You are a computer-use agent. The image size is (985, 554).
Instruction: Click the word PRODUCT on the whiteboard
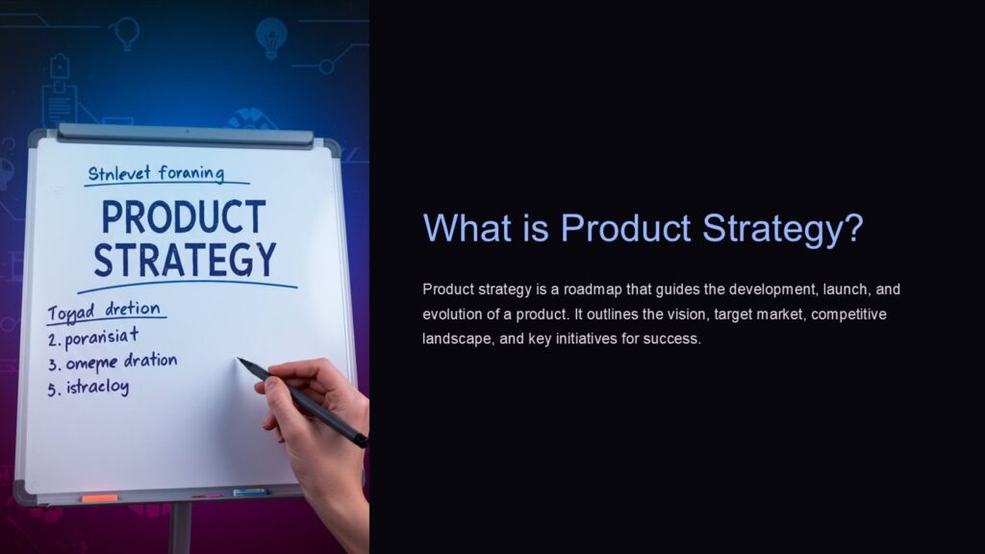tap(182, 217)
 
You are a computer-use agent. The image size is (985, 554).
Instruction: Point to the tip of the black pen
tap(240, 362)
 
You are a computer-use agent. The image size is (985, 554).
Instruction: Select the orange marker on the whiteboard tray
tap(99, 498)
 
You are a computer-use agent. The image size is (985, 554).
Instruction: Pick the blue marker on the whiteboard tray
tap(249, 491)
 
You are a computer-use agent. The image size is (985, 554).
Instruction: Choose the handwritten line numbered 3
tap(114, 362)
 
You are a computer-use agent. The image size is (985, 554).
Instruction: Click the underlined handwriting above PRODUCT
tap(155, 174)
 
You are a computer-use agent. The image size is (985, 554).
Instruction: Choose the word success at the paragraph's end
tap(675, 340)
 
